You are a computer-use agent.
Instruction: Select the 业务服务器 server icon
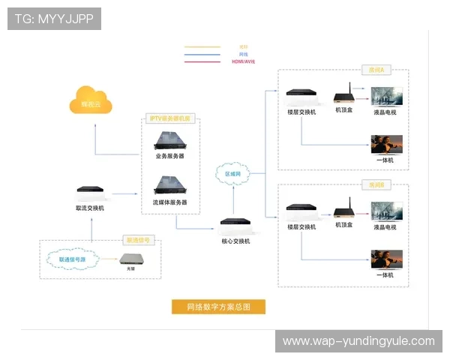[169, 139]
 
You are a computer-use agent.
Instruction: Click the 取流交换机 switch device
[90, 192]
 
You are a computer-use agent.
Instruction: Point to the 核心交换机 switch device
[236, 223]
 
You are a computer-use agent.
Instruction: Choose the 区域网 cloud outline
[233, 173]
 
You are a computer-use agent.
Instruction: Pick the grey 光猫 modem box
[134, 259]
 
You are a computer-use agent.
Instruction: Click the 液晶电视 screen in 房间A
[387, 97]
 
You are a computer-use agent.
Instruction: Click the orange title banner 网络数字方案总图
[217, 307]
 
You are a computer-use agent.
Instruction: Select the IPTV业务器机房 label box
[171, 118]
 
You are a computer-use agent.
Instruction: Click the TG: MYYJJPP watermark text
[54, 19]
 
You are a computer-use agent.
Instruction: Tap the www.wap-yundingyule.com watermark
[358, 341]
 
